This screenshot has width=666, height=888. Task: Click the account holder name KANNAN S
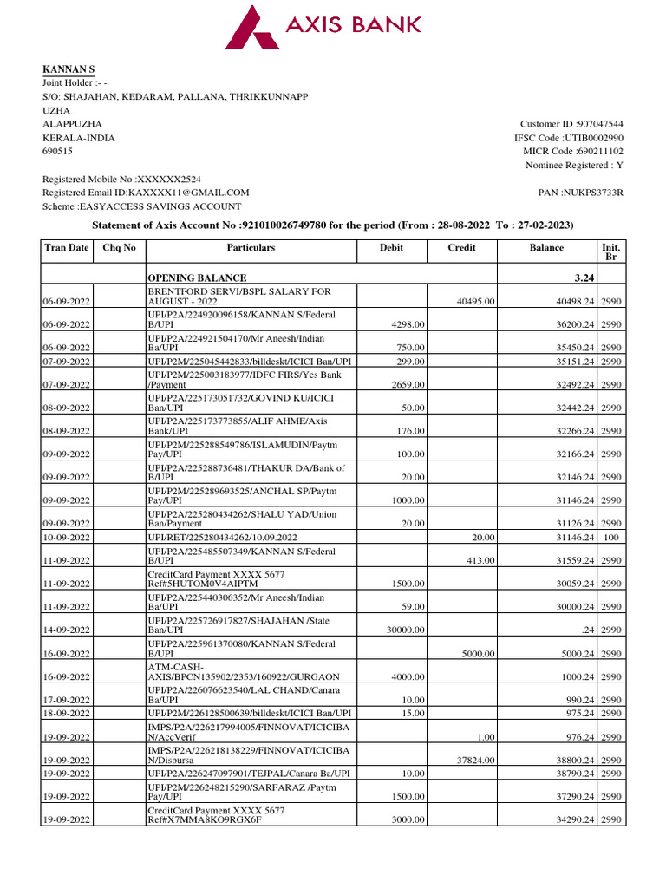click(x=69, y=69)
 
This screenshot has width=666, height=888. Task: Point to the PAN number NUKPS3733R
click(x=595, y=193)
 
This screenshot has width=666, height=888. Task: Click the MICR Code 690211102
click(x=600, y=152)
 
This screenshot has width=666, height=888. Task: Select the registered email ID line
click(x=146, y=193)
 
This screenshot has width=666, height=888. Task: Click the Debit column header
click(x=391, y=248)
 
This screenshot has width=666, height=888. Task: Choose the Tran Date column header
click(x=67, y=248)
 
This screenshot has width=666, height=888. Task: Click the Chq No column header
click(x=120, y=248)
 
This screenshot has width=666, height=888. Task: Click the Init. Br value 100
click(x=613, y=538)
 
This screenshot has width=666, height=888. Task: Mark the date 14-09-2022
click(x=67, y=630)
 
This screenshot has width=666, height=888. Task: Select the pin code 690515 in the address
click(x=58, y=152)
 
